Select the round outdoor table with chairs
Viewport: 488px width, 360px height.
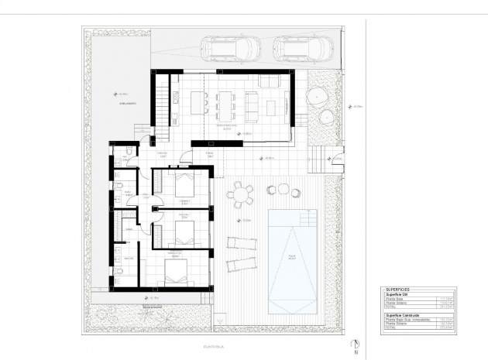tap(242, 193)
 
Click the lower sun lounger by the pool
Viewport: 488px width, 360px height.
tap(241, 262)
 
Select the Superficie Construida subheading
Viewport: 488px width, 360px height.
tap(401, 316)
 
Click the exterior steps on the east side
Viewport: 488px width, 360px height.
tap(318, 159)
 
